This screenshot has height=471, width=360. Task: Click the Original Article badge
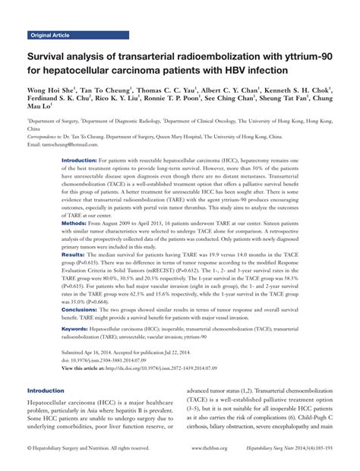click(x=50, y=36)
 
